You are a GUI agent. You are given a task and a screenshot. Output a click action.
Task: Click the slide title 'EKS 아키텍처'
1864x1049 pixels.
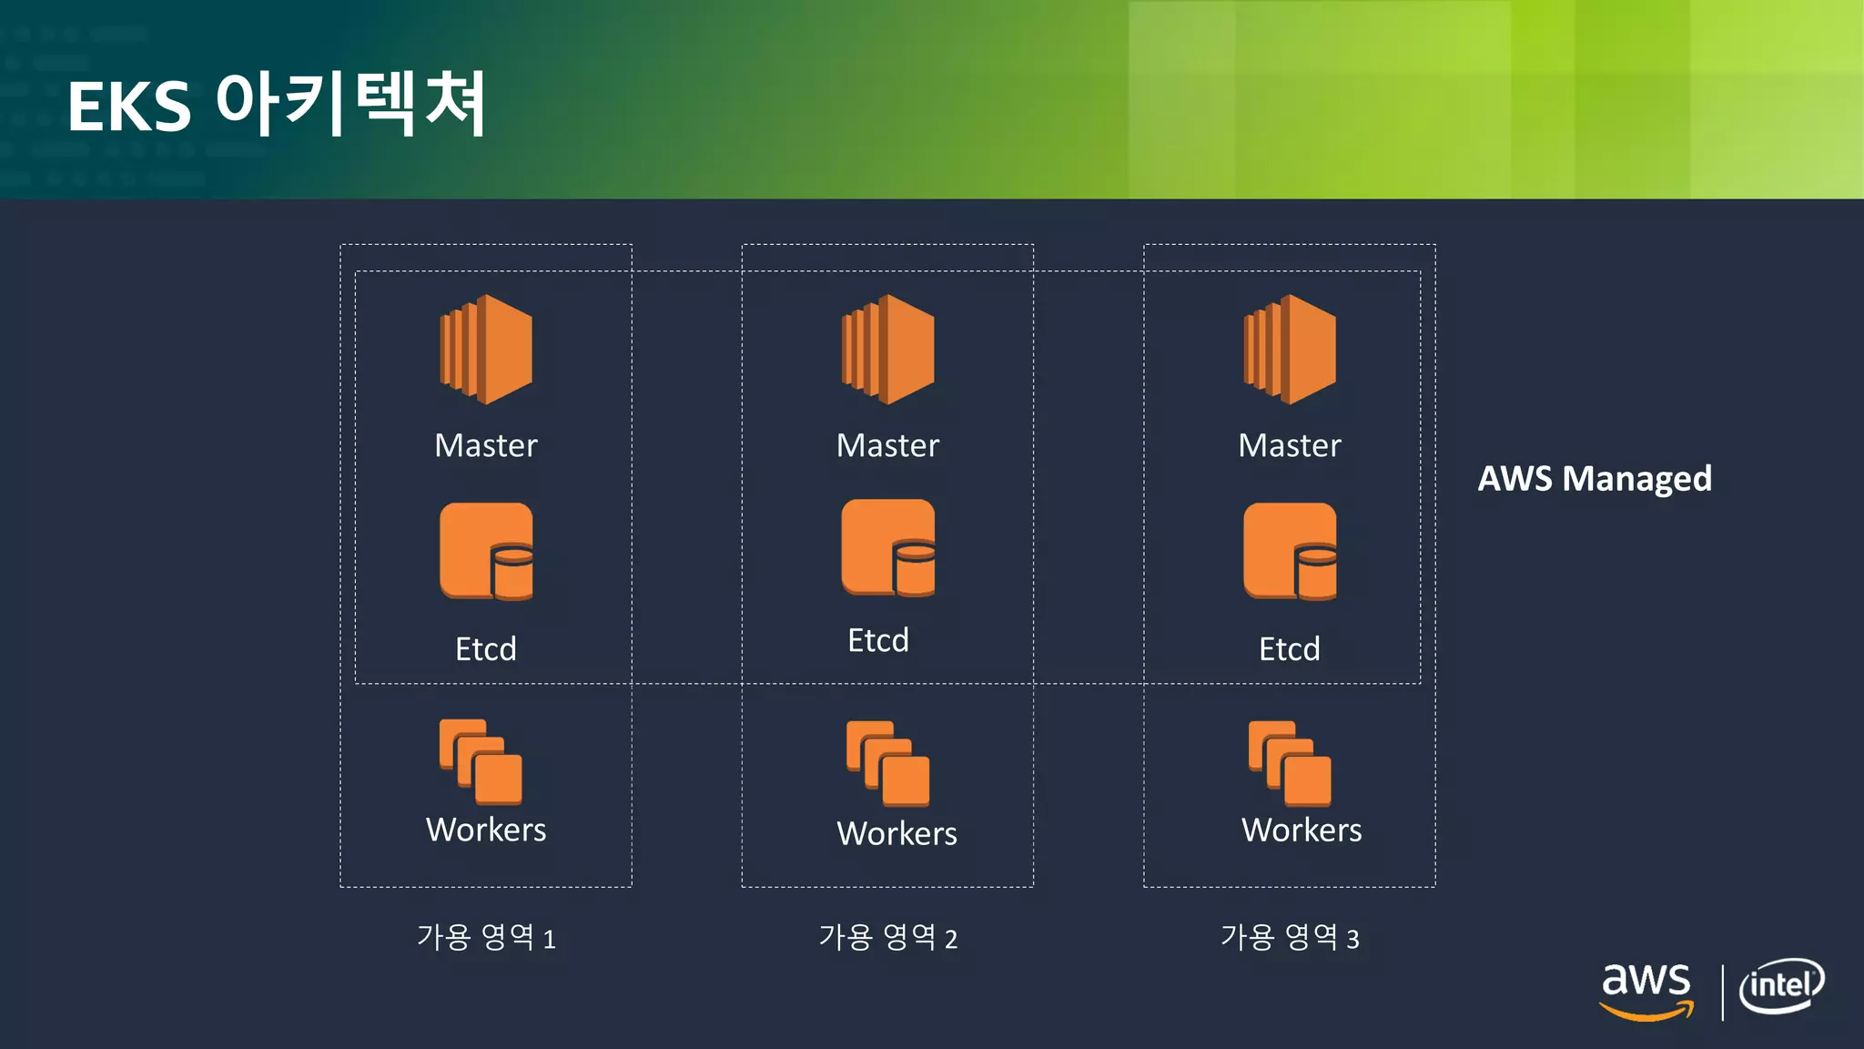click(277, 105)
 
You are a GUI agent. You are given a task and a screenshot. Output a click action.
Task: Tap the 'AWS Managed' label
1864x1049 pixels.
click(1595, 478)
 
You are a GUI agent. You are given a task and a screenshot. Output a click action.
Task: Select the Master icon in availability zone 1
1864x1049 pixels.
click(486, 349)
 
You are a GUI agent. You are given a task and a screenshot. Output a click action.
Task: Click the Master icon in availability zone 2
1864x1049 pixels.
click(888, 349)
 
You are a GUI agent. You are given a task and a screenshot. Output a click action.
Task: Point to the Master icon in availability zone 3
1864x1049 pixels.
click(1290, 349)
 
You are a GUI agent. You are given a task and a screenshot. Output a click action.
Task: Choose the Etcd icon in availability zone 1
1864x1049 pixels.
click(486, 551)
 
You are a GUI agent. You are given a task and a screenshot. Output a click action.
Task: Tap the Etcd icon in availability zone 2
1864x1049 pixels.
click(888, 547)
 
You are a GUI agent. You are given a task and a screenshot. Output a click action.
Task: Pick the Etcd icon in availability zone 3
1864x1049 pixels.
click(1290, 551)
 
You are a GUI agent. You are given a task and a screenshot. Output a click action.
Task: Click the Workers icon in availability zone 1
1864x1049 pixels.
click(481, 762)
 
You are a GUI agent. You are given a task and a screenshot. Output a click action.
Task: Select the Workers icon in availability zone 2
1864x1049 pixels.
click(888, 764)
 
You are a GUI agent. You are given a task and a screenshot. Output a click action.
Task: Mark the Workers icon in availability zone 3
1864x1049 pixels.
click(1290, 764)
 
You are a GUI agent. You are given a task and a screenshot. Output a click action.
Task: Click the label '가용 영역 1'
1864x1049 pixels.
click(486, 937)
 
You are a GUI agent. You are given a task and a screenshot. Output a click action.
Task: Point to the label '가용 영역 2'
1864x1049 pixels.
click(888, 937)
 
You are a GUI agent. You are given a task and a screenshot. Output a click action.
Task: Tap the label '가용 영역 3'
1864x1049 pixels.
click(1290, 937)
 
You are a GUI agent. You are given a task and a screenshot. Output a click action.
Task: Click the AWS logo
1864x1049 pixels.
click(1646, 990)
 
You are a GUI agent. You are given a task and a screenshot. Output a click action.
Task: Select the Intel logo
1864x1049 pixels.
click(1782, 985)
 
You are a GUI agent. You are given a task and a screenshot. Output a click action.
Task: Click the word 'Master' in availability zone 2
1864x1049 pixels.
click(888, 445)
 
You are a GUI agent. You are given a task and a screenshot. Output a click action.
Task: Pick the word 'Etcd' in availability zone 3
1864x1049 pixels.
click(1290, 648)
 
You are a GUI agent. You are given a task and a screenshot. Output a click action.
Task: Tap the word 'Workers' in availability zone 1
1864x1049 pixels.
click(486, 830)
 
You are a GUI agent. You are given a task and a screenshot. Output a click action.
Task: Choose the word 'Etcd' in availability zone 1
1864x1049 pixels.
click(486, 648)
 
